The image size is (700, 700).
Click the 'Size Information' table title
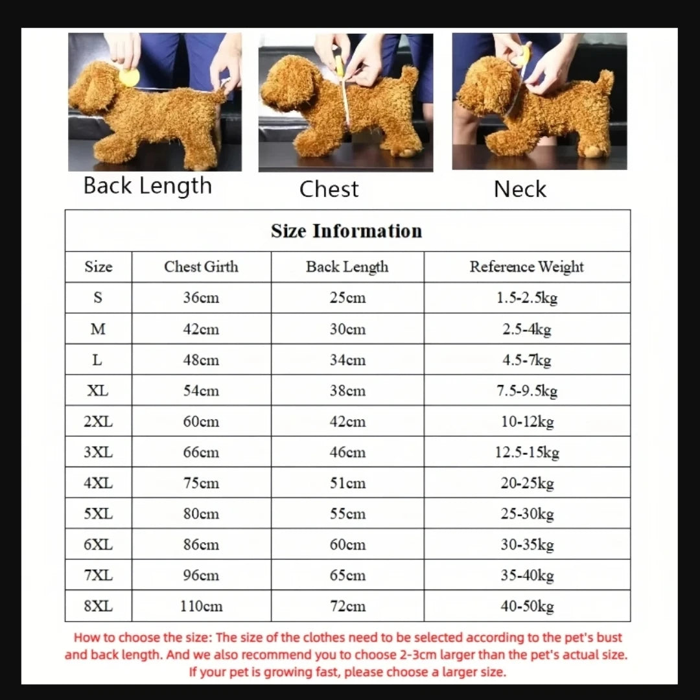tap(347, 231)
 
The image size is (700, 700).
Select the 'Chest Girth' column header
tap(201, 267)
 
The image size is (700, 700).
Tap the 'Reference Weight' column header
tap(526, 267)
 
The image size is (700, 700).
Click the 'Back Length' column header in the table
tap(347, 267)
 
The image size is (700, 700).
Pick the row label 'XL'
tap(98, 391)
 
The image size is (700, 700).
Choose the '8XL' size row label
tap(98, 607)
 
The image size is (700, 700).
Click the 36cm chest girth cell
tap(201, 298)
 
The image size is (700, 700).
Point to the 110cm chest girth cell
tap(201, 607)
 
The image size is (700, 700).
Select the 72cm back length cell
tap(347, 607)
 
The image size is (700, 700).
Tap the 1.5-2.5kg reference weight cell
tap(526, 298)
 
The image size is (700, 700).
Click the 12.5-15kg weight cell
tap(526, 452)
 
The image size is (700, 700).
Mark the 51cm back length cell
tap(347, 484)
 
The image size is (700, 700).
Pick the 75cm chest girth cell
tap(201, 484)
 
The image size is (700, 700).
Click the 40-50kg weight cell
tap(526, 607)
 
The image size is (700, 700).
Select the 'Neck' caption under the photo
tap(520, 189)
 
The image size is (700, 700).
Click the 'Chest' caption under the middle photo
tap(329, 189)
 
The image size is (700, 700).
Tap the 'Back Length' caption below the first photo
tap(148, 186)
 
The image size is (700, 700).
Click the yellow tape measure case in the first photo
tap(129, 78)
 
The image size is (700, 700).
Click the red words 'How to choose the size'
tap(143, 638)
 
